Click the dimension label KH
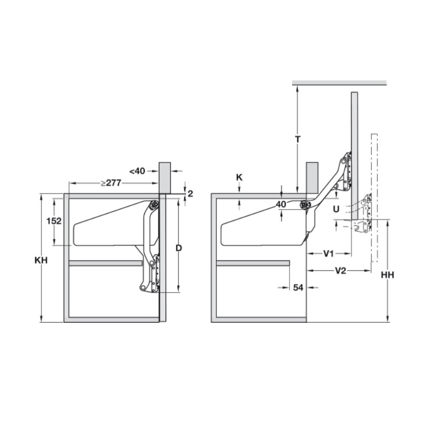point(41,260)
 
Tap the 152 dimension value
point(54,221)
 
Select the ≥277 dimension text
point(111,183)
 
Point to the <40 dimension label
point(137,171)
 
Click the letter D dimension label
point(178,248)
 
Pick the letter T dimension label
point(298,139)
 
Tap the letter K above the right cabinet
point(239,177)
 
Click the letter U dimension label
point(336,209)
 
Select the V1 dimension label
point(328,254)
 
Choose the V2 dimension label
point(340,271)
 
